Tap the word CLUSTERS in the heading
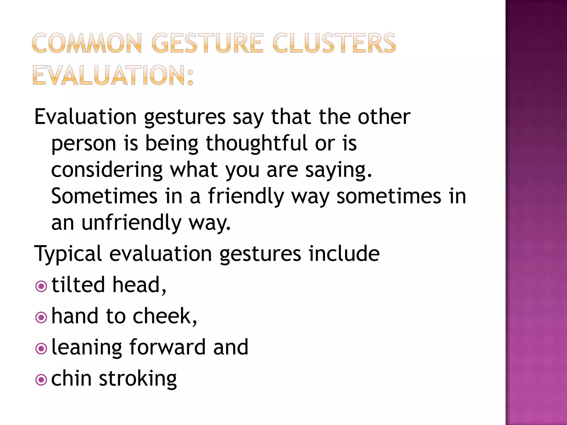[334, 43]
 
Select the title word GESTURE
[207, 43]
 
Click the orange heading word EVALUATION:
[113, 75]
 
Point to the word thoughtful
[257, 143]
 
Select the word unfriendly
[132, 223]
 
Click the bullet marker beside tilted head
[41, 286]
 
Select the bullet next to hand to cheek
[41, 317]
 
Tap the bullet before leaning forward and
[41, 349]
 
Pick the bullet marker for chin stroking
[41, 380]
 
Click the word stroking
[138, 379]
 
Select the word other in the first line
[384, 116]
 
